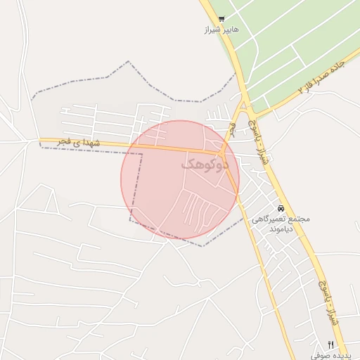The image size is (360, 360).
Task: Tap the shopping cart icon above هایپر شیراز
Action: click(x=221, y=20)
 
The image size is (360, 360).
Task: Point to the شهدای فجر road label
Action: click(x=80, y=143)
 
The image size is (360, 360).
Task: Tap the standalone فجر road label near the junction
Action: click(x=231, y=130)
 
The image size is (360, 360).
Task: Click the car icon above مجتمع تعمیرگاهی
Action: click(x=281, y=208)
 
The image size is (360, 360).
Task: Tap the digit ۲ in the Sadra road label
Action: click(x=303, y=89)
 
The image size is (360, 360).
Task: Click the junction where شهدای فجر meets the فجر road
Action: click(x=222, y=153)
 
